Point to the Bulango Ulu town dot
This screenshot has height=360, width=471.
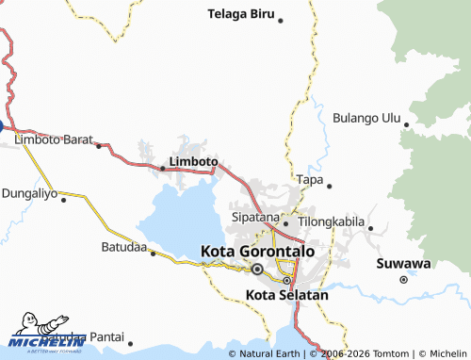click(405, 123)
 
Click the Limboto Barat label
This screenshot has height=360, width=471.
click(53, 139)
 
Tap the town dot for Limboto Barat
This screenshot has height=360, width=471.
click(98, 146)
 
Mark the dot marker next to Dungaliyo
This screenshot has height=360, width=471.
click(64, 199)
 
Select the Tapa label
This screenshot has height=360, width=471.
click(309, 179)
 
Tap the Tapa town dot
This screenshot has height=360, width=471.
click(330, 186)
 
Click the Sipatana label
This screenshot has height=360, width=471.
click(255, 217)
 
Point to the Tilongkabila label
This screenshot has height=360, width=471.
click(331, 221)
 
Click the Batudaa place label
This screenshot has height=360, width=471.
click(123, 247)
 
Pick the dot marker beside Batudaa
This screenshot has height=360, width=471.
click(153, 254)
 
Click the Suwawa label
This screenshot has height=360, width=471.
click(403, 263)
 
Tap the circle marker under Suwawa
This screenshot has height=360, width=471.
click(403, 279)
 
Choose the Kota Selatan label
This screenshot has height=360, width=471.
click(286, 295)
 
